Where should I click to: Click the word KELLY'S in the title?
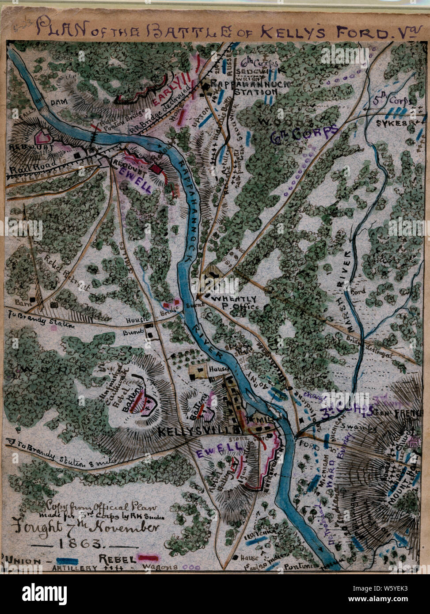click(x=299, y=31)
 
